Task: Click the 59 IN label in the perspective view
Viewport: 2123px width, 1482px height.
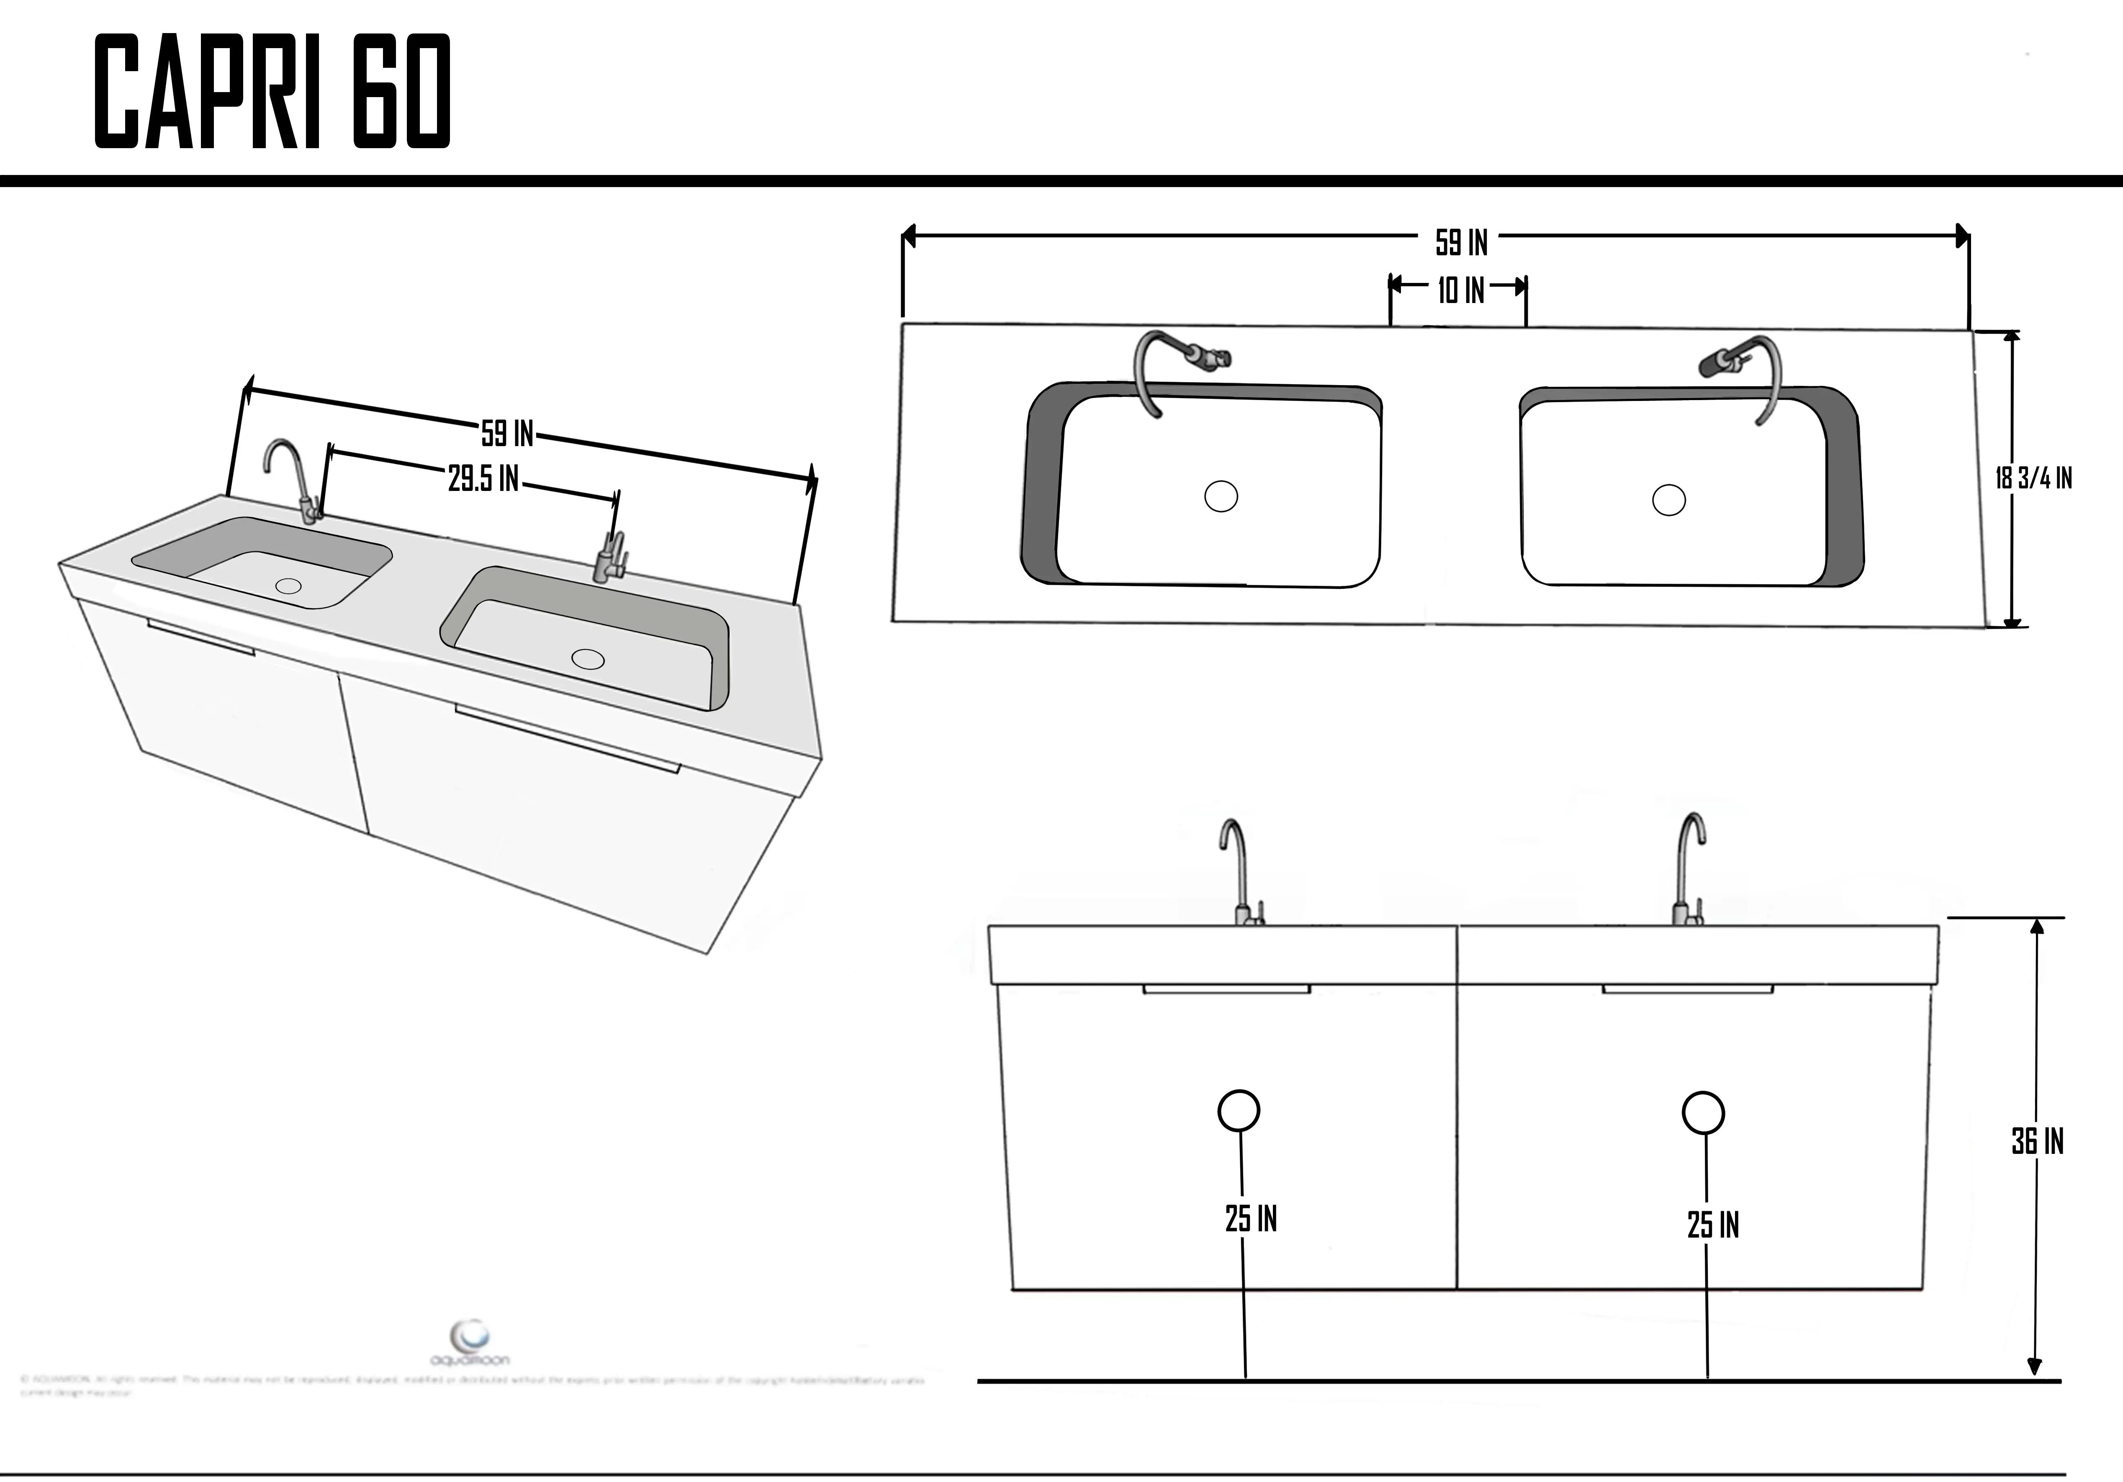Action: click(x=507, y=433)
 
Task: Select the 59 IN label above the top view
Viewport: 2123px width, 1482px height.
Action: click(x=1461, y=242)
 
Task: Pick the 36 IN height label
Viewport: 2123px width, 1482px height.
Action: click(x=2037, y=1142)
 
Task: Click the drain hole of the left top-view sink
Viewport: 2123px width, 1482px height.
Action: click(x=1221, y=496)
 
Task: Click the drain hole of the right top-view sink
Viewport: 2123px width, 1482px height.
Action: click(x=1668, y=500)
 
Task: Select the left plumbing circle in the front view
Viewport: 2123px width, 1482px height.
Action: click(x=1238, y=1110)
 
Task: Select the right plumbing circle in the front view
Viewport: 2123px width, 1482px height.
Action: click(x=1702, y=1113)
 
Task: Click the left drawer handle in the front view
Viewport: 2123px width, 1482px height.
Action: click(x=1226, y=989)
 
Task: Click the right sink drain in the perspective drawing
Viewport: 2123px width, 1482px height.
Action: click(x=588, y=659)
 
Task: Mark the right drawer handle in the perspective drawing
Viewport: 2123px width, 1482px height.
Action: click(x=567, y=739)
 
